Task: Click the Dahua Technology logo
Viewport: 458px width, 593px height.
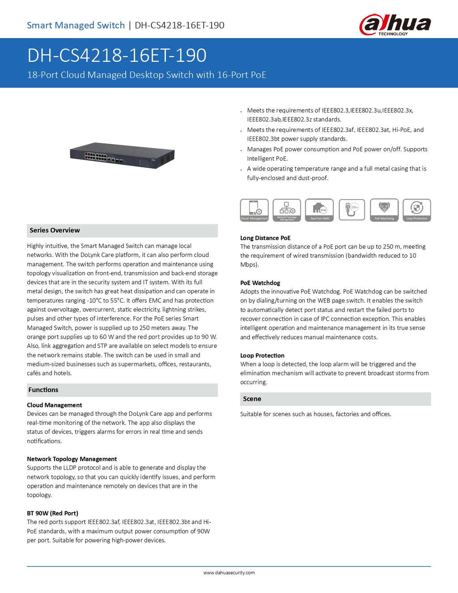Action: pyautogui.click(x=395, y=25)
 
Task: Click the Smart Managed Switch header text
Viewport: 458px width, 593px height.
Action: pyautogui.click(x=76, y=26)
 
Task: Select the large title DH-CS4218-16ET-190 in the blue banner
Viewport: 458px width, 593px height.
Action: pyautogui.click(x=117, y=55)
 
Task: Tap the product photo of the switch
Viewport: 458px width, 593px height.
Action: pyautogui.click(x=122, y=155)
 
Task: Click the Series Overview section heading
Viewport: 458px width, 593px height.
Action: pyautogui.click(x=55, y=230)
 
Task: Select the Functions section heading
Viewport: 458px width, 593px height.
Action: pyautogui.click(x=43, y=390)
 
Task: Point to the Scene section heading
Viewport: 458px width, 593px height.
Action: pyautogui.click(x=252, y=399)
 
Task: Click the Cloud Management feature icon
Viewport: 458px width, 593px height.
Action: pyautogui.click(x=254, y=210)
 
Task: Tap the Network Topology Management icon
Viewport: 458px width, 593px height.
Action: pyautogui.click(x=287, y=210)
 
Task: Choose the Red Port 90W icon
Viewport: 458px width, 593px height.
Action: pyautogui.click(x=319, y=210)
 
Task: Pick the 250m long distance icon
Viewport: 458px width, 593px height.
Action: pyautogui.click(x=352, y=209)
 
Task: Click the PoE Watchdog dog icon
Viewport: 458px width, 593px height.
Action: pyautogui.click(x=384, y=210)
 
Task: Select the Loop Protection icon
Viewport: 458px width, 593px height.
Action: pyautogui.click(x=417, y=210)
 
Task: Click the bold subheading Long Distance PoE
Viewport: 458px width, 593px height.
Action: pyautogui.click(x=265, y=238)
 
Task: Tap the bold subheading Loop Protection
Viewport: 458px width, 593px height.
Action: pyautogui.click(x=262, y=355)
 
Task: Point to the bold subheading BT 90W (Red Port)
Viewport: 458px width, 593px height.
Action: pyautogui.click(x=52, y=513)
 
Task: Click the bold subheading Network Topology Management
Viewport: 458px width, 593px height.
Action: pyautogui.click(x=72, y=459)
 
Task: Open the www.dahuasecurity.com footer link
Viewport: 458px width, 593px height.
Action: pyautogui.click(x=229, y=573)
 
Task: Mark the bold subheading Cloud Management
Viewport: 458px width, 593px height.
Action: pyautogui.click(x=54, y=405)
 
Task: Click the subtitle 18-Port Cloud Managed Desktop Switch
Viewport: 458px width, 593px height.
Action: pyautogui.click(x=147, y=75)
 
